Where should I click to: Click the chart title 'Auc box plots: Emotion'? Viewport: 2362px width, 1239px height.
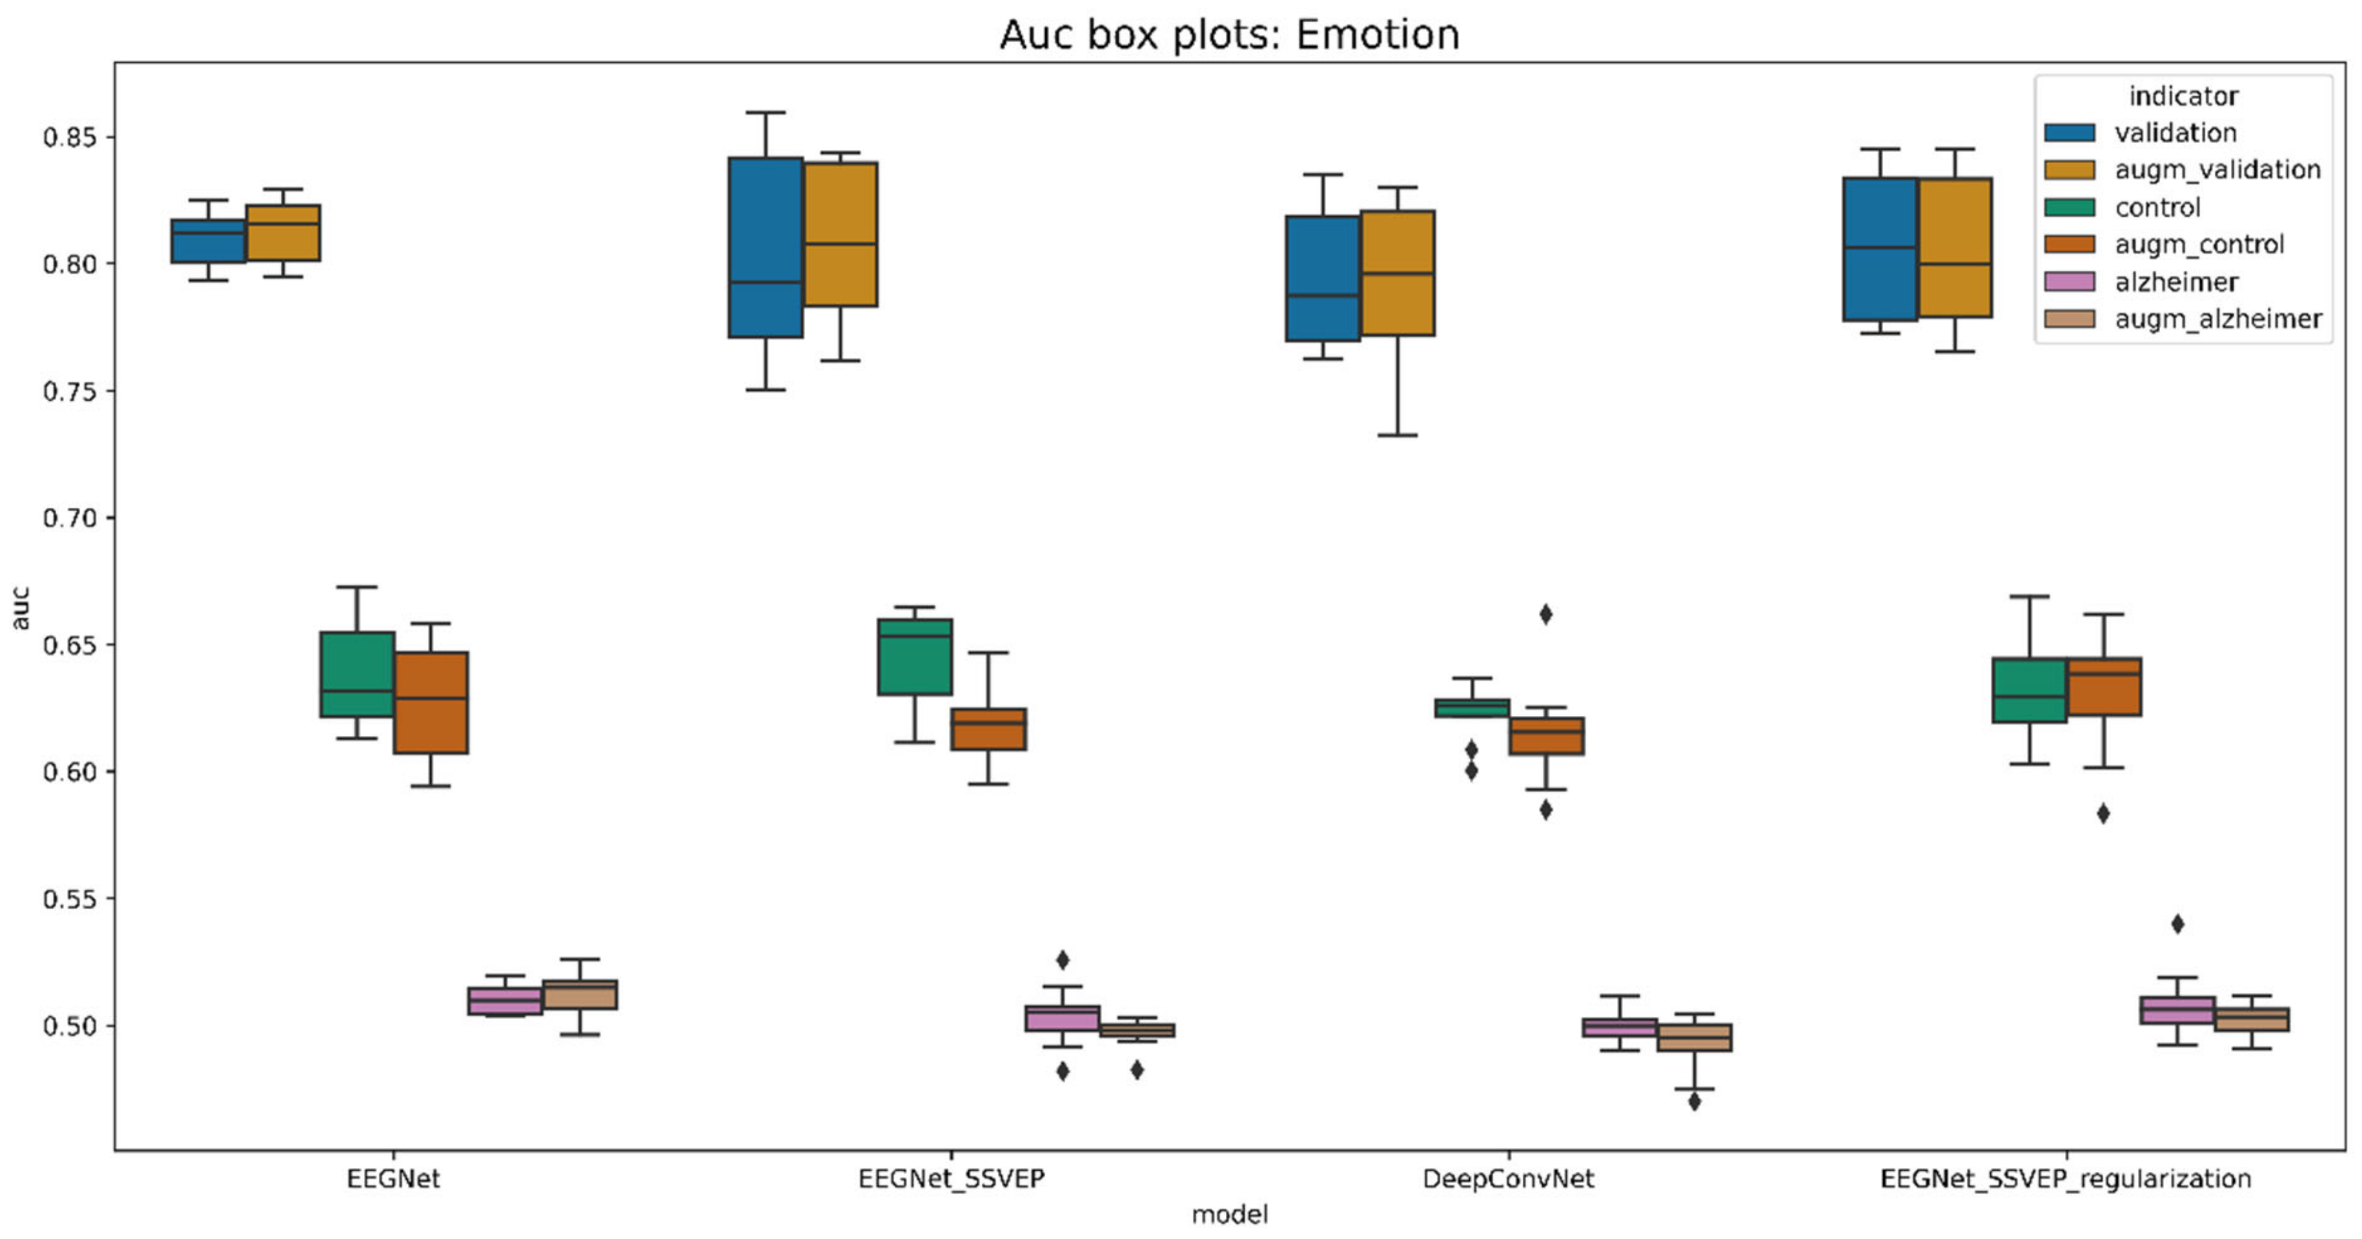(1228, 35)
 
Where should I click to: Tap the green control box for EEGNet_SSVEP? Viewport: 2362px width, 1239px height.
(914, 657)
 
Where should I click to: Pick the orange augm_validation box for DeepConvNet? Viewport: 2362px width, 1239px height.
(1398, 274)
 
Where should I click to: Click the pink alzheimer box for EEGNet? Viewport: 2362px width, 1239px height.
(504, 1001)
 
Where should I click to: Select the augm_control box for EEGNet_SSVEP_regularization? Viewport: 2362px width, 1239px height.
(2105, 686)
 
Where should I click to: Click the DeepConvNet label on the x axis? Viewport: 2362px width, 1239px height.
(1508, 1179)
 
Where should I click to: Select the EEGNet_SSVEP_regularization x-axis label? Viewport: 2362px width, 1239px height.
(2066, 1179)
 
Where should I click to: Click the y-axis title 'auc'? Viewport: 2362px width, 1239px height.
(20, 608)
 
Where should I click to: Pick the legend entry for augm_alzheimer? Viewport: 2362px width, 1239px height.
(2217, 319)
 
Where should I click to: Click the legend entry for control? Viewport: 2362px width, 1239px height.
(2157, 207)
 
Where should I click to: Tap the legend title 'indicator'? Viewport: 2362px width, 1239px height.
(2183, 96)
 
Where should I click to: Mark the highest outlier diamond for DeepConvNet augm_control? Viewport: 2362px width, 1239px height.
(1545, 614)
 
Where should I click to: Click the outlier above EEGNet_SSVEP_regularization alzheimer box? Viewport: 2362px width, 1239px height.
(2177, 923)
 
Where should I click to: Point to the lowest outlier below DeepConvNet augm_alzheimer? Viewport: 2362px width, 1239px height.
(1695, 1101)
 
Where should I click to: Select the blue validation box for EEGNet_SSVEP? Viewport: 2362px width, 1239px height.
(766, 248)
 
